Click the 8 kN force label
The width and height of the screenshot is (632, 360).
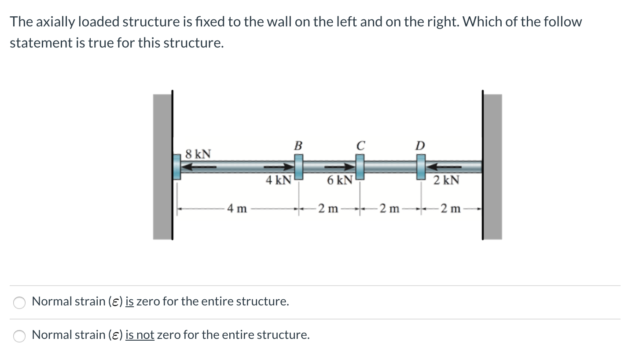coord(198,154)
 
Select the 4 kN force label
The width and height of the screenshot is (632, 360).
coord(278,180)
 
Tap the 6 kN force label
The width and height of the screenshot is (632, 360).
coord(339,180)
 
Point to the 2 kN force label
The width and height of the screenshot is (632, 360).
coord(446,180)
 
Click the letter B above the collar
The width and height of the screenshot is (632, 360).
coord(298,145)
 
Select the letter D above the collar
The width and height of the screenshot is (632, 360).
coord(421,145)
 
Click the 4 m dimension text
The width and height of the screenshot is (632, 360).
coord(237,209)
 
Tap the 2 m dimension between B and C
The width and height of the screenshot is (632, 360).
coord(328,209)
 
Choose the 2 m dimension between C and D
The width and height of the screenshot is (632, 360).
coord(389,209)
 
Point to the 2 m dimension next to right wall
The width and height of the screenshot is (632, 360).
coord(451,209)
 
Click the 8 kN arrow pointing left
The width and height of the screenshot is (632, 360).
coord(199,167)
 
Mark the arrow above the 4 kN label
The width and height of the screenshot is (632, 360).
coord(278,167)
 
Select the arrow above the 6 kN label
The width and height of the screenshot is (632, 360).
coord(339,167)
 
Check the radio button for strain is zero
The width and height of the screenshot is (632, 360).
coord(19,302)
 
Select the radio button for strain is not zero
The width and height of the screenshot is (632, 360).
coord(19,336)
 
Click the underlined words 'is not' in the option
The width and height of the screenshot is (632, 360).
coord(140,335)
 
